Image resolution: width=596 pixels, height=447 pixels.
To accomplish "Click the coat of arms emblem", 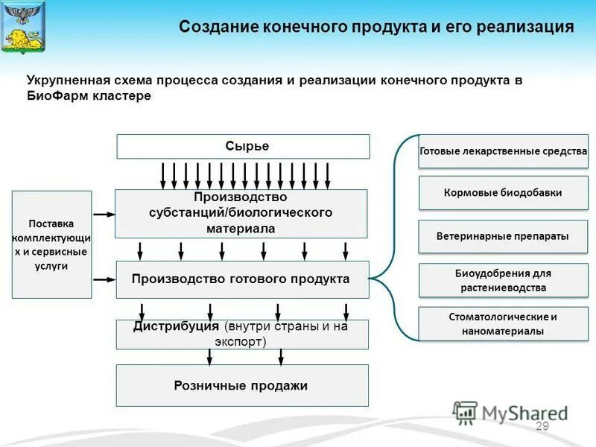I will pyautogui.click(x=23, y=27).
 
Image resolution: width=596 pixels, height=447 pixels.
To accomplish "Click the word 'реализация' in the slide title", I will pyautogui.click(x=528, y=28).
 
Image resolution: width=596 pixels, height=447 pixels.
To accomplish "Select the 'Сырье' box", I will pyautogui.click(x=243, y=147).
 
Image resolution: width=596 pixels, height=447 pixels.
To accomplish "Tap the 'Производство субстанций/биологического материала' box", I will pyautogui.click(x=241, y=213).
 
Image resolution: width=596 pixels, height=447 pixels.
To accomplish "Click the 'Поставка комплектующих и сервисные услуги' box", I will pyautogui.click(x=51, y=244).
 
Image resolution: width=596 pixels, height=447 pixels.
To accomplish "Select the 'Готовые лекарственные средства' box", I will pyautogui.click(x=504, y=152).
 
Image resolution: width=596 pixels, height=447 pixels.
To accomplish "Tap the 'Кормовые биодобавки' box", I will pyautogui.click(x=504, y=193).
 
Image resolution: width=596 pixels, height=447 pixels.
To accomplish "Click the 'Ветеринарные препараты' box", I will pyautogui.click(x=504, y=236).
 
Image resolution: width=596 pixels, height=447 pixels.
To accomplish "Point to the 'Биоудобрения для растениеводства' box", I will pyautogui.click(x=504, y=280).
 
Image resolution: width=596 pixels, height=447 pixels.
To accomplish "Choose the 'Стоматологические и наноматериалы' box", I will pyautogui.click(x=504, y=324).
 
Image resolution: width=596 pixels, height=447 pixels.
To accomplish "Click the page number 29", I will pyautogui.click(x=542, y=426).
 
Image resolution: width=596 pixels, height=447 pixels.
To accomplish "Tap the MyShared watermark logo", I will pyautogui.click(x=510, y=413).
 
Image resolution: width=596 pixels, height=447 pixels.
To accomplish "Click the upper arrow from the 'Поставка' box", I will pyautogui.click(x=104, y=214).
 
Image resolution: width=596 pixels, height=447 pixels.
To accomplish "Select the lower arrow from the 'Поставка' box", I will pyautogui.click(x=104, y=279).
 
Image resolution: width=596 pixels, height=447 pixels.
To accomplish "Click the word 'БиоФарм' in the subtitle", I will pyautogui.click(x=54, y=97).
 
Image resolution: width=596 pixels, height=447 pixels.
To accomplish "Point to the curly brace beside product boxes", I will pyautogui.click(x=391, y=237).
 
